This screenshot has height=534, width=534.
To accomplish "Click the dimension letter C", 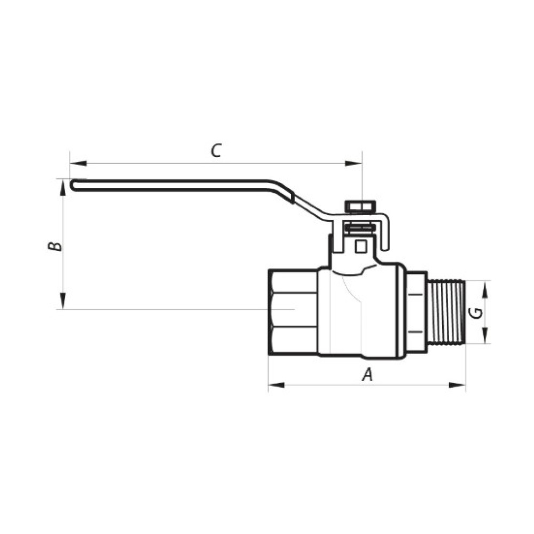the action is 216,151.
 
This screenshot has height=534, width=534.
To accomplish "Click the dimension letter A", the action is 367,375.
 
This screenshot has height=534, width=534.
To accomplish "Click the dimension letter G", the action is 475,312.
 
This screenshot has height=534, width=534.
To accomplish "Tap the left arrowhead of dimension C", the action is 78,163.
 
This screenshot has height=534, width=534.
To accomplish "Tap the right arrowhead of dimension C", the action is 354,163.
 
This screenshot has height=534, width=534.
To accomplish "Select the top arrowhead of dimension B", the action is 62,187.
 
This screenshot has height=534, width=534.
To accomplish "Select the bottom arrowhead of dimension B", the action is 62,301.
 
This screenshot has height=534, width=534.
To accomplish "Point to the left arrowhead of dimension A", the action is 277,385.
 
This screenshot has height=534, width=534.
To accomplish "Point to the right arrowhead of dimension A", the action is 457,385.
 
